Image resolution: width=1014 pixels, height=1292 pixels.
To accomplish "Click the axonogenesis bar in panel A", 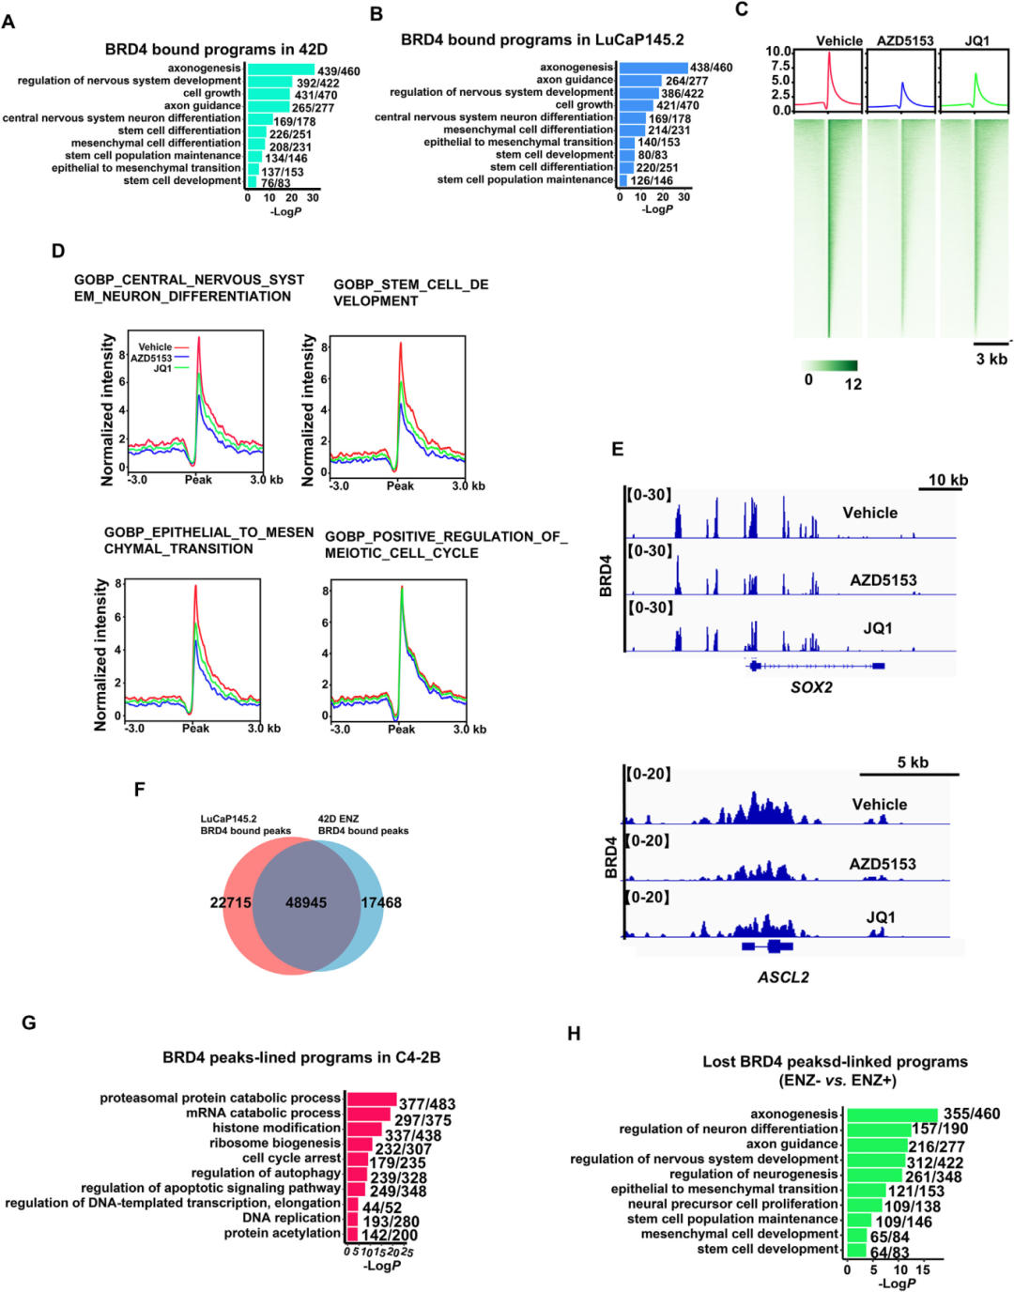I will click(281, 69).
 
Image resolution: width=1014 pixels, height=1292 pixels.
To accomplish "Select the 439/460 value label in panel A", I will click(339, 71).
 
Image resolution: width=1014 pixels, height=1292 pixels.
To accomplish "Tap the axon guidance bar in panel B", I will click(640, 80).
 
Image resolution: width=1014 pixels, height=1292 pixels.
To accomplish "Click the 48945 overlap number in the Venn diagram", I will click(306, 902).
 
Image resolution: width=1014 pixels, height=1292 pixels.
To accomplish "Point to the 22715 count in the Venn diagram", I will click(230, 902).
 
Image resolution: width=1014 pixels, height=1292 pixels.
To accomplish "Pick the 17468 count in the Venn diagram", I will click(381, 902).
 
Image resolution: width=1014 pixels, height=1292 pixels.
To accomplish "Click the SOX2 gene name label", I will click(811, 687).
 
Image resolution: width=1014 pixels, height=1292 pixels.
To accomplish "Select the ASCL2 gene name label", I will click(783, 977).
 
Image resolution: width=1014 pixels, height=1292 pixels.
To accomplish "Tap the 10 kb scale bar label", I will click(948, 480).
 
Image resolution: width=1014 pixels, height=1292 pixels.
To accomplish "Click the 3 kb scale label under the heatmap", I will click(991, 359).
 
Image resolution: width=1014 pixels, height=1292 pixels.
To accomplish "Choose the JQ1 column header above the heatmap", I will click(976, 40).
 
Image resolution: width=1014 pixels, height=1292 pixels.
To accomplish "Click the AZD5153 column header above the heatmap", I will click(905, 40).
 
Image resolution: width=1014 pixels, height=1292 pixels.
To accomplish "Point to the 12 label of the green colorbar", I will click(853, 384).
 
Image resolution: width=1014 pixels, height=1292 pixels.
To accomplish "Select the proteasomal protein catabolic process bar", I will click(372, 1099).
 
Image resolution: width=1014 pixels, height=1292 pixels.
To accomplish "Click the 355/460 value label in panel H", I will click(972, 1114).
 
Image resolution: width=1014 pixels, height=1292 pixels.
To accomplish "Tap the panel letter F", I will click(139, 790).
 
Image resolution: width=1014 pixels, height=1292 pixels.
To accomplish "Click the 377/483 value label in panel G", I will click(427, 1104).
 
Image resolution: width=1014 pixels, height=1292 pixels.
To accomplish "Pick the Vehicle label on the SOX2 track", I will click(869, 513).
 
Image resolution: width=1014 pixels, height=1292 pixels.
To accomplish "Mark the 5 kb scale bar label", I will click(913, 762).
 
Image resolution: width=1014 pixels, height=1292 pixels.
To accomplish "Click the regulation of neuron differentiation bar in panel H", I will click(878, 1130).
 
